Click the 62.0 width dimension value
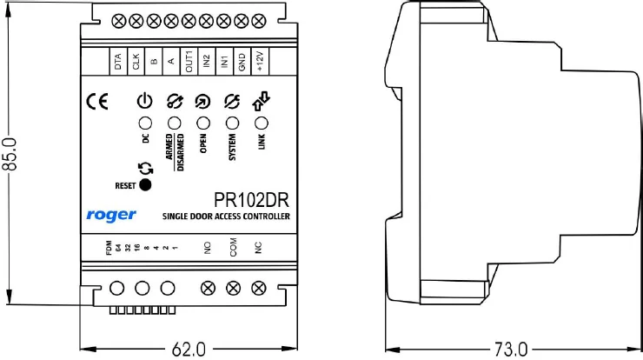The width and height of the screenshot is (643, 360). point(188,350)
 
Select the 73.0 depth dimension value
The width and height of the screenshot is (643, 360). point(511,350)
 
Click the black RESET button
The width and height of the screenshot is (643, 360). point(145,184)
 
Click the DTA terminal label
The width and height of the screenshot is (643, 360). point(118,62)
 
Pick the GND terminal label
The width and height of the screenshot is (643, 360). point(242,62)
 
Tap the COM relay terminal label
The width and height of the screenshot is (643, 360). point(233,250)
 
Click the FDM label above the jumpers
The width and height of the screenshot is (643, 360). point(109,250)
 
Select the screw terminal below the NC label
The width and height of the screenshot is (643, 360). point(257,288)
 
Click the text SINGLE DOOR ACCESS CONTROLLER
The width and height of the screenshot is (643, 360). point(225,216)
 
